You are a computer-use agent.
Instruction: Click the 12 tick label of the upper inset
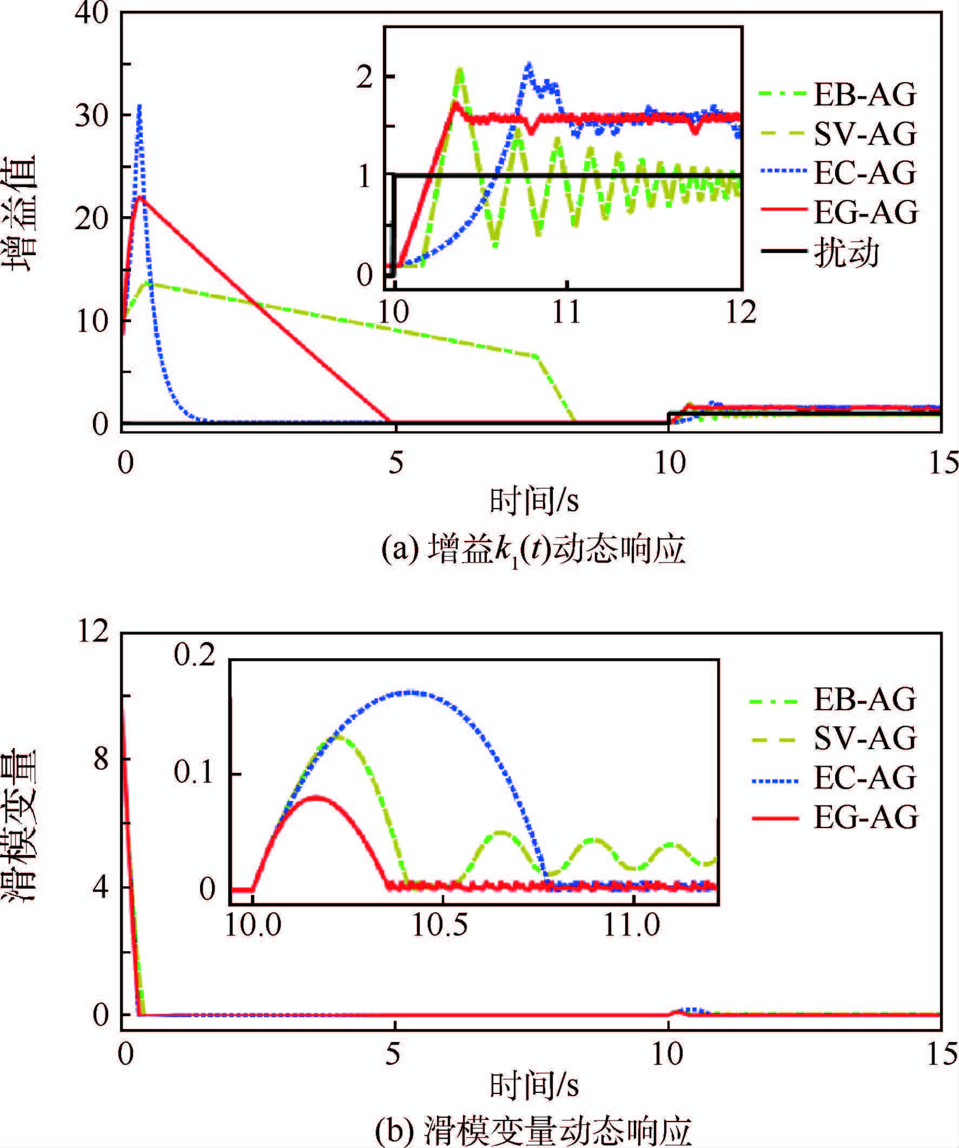tap(740, 313)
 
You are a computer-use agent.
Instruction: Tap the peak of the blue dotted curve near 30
tap(140, 105)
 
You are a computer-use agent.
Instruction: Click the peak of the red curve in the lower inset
tap(316, 798)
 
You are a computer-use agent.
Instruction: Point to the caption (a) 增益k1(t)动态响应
tap(533, 551)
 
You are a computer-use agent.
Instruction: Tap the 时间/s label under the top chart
tap(533, 500)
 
